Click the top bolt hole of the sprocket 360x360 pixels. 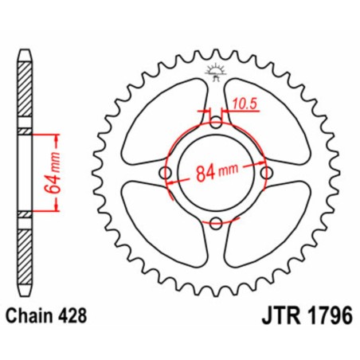(x=216, y=123)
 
